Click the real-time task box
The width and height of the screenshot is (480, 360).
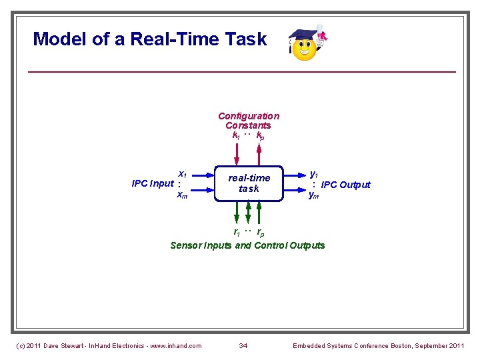249,183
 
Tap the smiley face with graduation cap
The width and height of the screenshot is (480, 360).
306,45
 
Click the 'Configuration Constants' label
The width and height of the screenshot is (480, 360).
248,121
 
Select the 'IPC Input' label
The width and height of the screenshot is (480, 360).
153,183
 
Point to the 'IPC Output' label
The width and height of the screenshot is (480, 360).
345,185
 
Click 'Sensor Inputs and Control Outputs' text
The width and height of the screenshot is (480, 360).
247,245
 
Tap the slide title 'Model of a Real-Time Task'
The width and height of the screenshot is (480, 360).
150,39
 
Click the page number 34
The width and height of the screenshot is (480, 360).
243,345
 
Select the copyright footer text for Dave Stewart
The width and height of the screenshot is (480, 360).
108,345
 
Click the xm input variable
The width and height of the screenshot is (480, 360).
181,195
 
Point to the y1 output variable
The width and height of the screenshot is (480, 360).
314,172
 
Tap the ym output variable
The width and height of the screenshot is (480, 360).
313,195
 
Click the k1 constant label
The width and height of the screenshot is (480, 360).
236,135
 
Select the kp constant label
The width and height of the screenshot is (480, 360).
260,136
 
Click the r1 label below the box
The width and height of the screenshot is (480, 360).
237,233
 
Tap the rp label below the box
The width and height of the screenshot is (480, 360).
260,233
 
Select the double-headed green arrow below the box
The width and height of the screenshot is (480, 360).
249,213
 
